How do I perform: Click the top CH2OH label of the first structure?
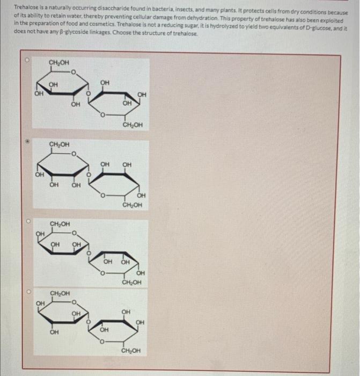click(58, 63)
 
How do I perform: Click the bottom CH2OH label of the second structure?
click(132, 206)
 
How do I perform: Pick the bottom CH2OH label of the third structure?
click(131, 282)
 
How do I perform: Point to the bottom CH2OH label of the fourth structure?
click(131, 351)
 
